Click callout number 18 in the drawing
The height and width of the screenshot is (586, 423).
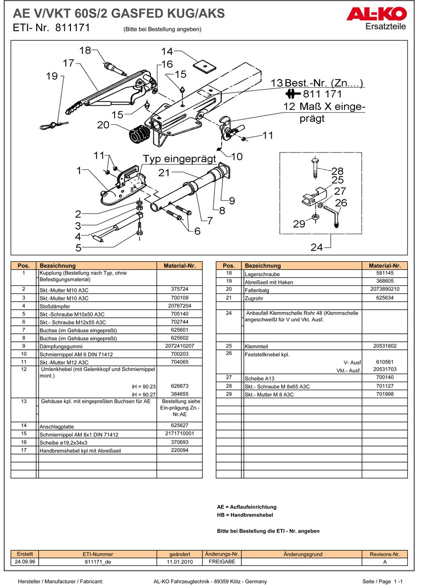[x=85, y=50]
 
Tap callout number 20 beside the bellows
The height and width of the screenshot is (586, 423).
[x=104, y=125]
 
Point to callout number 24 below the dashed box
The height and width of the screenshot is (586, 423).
[x=316, y=247]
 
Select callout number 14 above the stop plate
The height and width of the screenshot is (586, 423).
[x=167, y=51]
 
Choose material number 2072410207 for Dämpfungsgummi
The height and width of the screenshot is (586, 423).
[x=179, y=346]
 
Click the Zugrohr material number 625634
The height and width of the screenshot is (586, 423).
[x=384, y=298]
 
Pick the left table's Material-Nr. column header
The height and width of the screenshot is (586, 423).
[x=179, y=265]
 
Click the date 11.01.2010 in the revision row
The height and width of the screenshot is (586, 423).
[x=180, y=562]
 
